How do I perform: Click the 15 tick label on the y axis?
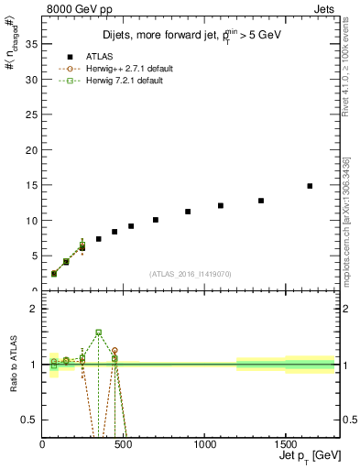click(33, 185)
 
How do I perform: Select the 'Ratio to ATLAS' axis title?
click(14, 364)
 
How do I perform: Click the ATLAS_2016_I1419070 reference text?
click(191, 273)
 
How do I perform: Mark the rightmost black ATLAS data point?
click(310, 186)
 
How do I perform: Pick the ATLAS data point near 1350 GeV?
click(261, 201)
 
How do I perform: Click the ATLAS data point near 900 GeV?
click(188, 212)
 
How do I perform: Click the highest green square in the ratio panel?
click(99, 333)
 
